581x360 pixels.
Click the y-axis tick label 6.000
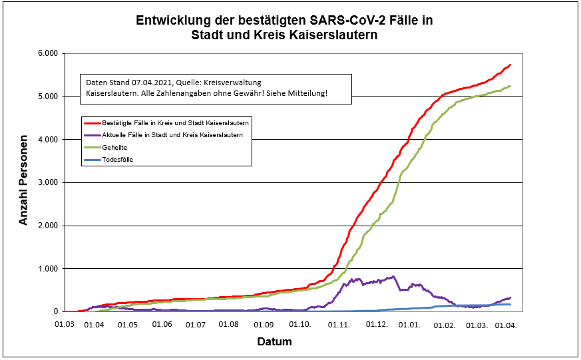coord(49,53)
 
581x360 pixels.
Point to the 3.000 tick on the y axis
coord(49,182)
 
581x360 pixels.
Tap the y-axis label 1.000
coord(49,269)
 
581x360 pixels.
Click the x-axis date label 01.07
coord(196,325)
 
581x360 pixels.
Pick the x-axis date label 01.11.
coord(340,325)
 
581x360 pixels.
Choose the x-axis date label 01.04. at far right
coord(507,325)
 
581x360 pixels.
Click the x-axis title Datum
coord(274,342)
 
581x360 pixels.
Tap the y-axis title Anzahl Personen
coord(24,182)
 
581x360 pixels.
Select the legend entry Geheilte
coord(114,147)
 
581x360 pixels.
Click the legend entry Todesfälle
coord(118,159)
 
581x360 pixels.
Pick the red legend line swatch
coord(91,123)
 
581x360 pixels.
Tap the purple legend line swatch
coord(91,135)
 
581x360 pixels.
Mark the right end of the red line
coord(510,65)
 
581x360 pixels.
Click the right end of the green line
coord(510,86)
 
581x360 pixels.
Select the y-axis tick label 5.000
coord(49,96)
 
